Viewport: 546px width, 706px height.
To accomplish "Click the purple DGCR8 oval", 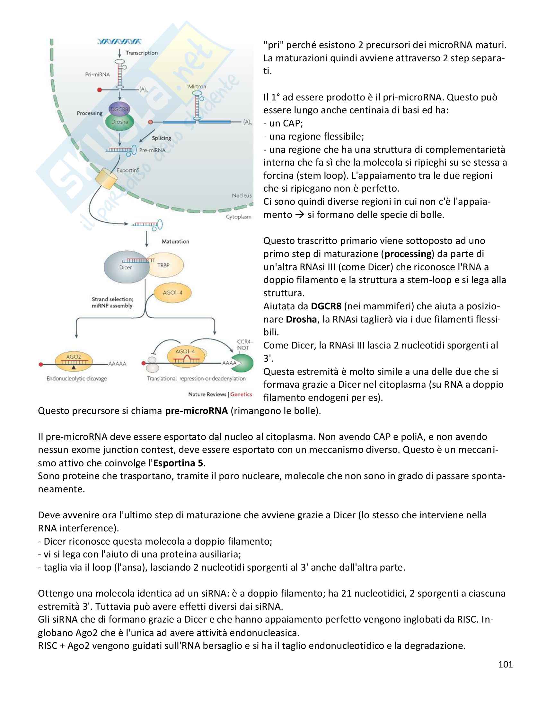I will coord(119,109).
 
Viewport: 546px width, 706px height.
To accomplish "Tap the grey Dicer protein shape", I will coord(125,267).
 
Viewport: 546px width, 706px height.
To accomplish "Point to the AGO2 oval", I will coord(74,360).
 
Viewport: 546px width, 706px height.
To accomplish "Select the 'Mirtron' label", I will coord(197,86).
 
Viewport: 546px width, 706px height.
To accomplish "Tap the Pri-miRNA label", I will coord(97,74).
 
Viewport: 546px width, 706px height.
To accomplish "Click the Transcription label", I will coord(142,53).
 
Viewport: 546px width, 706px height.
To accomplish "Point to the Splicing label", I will coord(162,138).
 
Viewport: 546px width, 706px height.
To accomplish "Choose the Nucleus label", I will coord(242,195).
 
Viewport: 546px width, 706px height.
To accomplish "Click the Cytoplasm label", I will coord(239,217).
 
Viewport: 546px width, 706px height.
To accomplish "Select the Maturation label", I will coord(175,241).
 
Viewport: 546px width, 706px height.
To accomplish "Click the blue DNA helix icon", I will coord(119,42).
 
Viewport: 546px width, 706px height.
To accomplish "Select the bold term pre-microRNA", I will coord(196,411).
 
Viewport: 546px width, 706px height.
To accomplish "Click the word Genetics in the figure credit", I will coord(241,394).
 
